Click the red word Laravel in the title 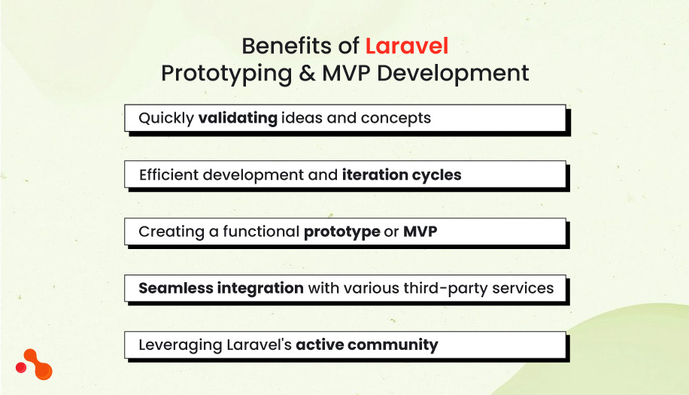point(406,46)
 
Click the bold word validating point(238,118)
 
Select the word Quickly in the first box point(165,118)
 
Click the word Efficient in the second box point(169,175)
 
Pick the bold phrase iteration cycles point(402,175)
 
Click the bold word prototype point(341,232)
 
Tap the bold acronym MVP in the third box point(420,232)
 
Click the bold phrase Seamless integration point(221,288)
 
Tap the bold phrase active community point(366,345)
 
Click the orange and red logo point(34,364)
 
